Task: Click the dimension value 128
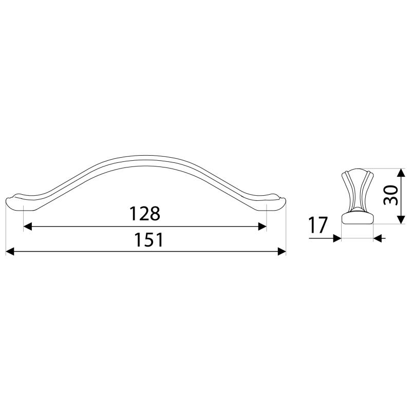(x=144, y=214)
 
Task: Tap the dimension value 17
(x=319, y=226)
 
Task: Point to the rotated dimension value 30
(x=391, y=196)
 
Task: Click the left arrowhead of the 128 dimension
(x=28, y=227)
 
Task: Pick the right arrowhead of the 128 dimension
(x=263, y=227)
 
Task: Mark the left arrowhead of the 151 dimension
(x=9, y=251)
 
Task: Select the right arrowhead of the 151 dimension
(x=282, y=251)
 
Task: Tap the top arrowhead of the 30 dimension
(x=400, y=171)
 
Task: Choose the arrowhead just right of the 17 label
(x=338, y=238)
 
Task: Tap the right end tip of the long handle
(x=285, y=200)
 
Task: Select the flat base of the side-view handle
(x=357, y=219)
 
